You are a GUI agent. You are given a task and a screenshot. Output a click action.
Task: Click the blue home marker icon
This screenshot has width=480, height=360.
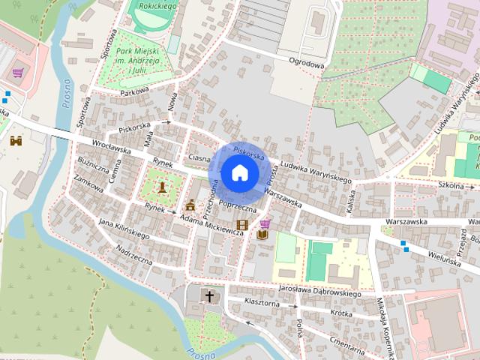tap(239, 173)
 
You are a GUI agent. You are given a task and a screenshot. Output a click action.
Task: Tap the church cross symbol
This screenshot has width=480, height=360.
tap(210, 297)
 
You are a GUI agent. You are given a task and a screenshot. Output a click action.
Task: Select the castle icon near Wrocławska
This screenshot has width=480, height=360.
tap(16, 139)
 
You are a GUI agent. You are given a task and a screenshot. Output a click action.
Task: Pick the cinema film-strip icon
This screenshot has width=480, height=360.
tap(242, 224)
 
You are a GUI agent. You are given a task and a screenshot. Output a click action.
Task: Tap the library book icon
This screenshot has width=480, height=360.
tap(262, 235)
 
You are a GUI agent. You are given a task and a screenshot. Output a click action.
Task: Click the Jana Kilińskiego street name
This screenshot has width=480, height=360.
tap(124, 229)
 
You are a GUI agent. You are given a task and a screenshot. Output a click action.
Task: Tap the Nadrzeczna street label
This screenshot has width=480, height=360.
tap(134, 256)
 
